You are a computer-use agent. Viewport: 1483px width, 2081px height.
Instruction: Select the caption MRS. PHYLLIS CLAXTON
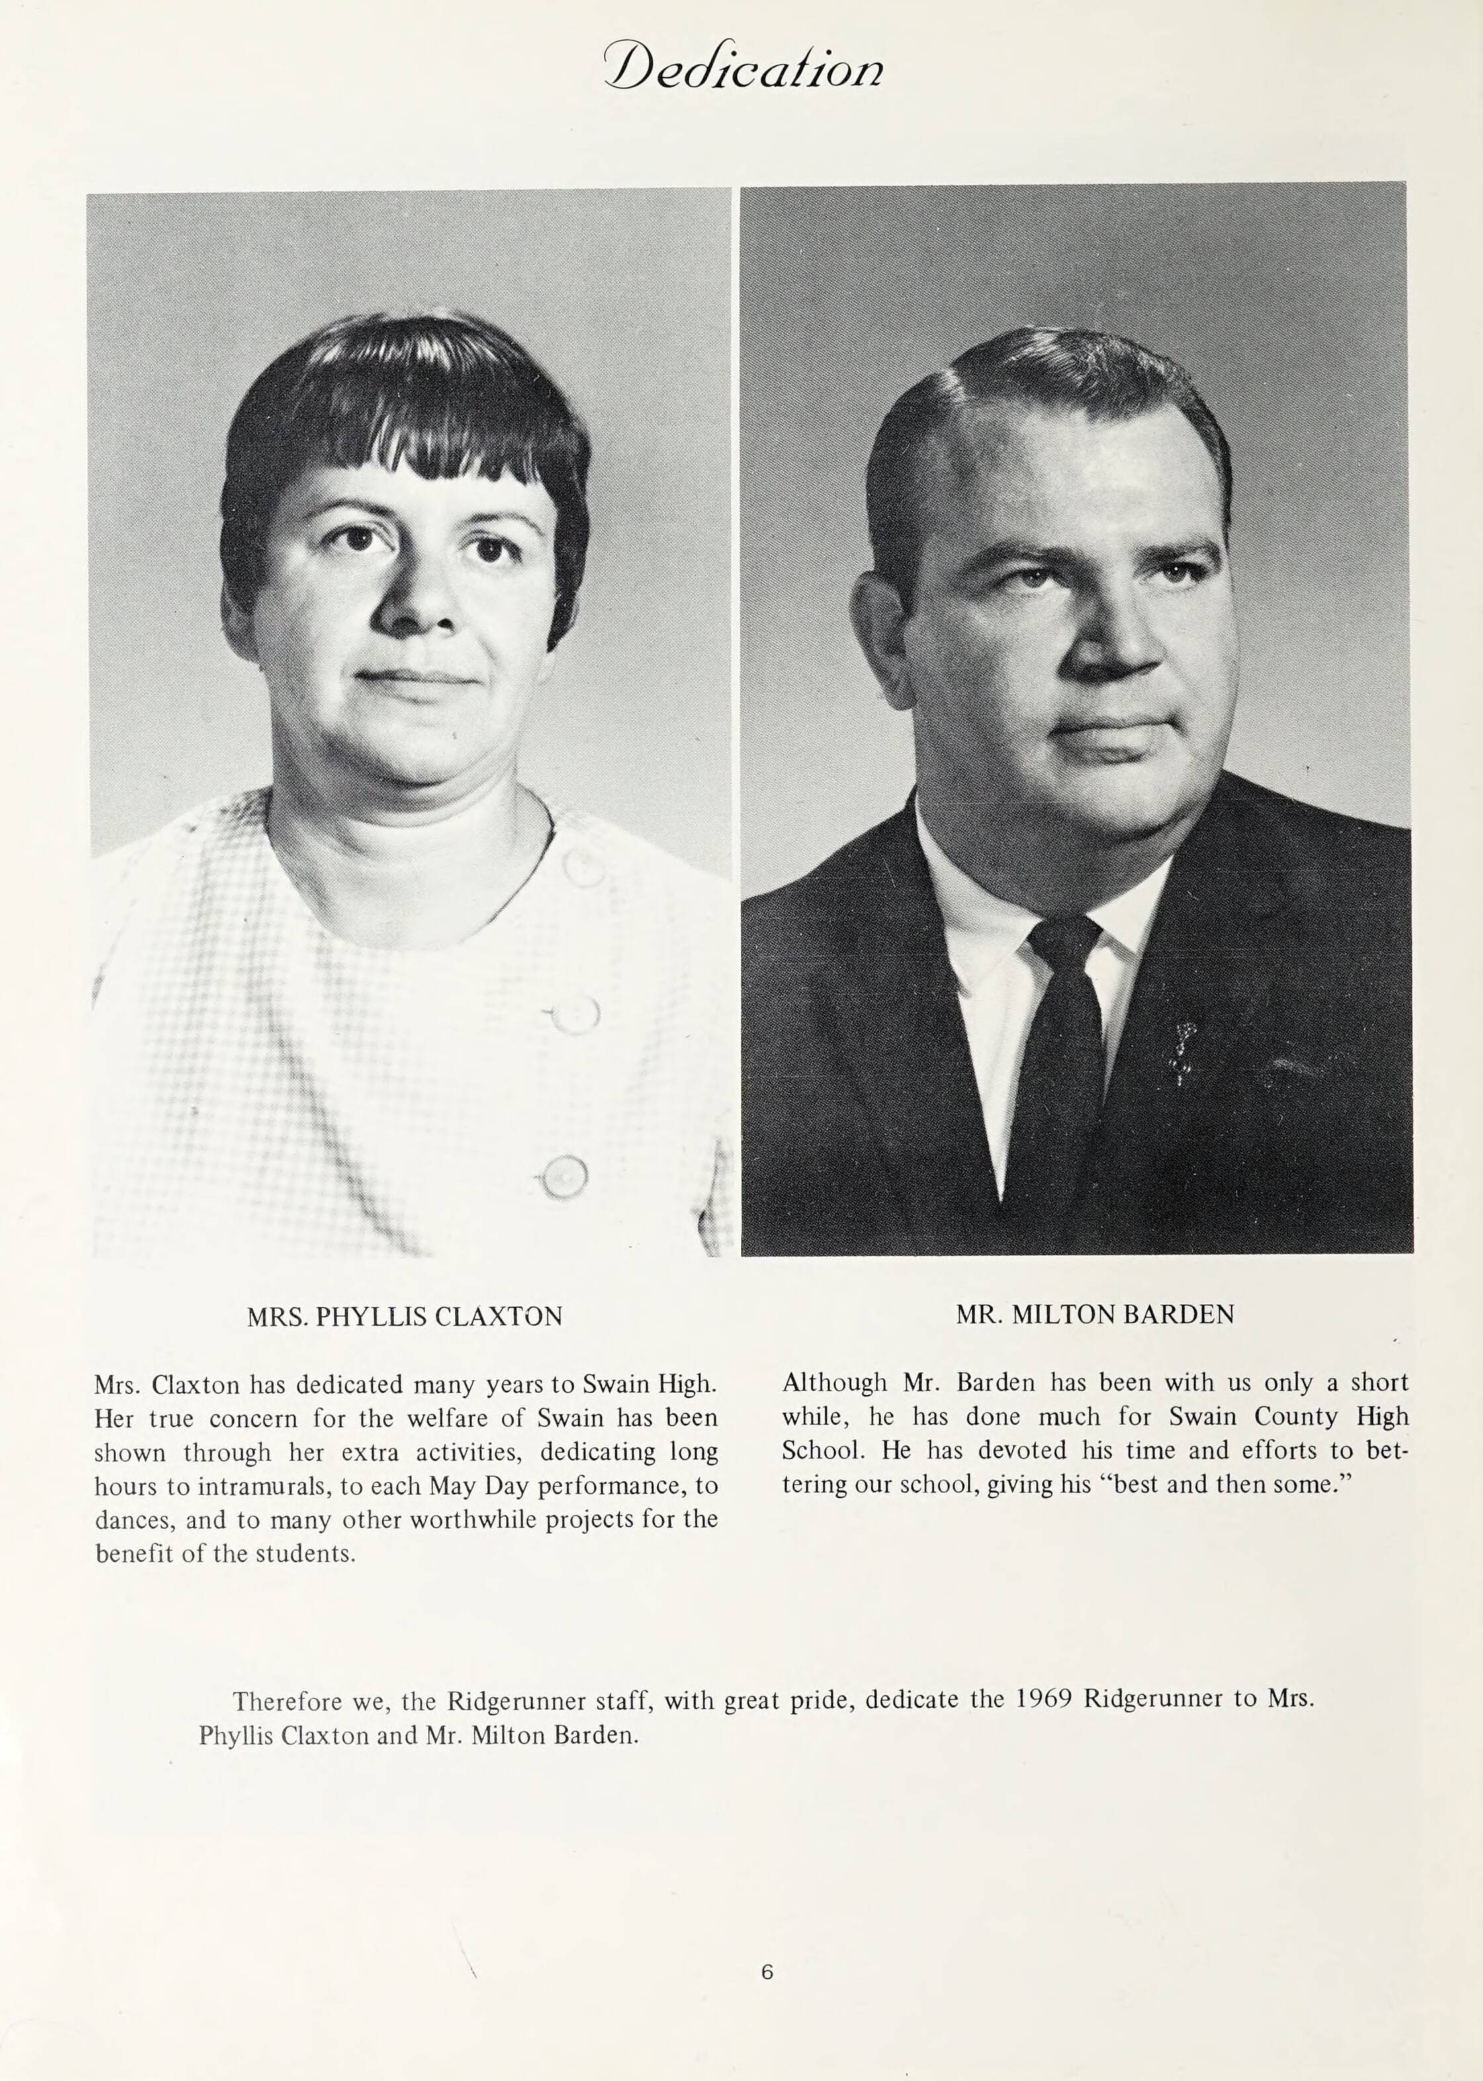coord(404,1316)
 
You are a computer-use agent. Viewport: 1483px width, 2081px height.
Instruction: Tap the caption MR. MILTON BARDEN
coord(1095,1314)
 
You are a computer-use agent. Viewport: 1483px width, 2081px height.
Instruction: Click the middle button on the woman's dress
coord(575,1014)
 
